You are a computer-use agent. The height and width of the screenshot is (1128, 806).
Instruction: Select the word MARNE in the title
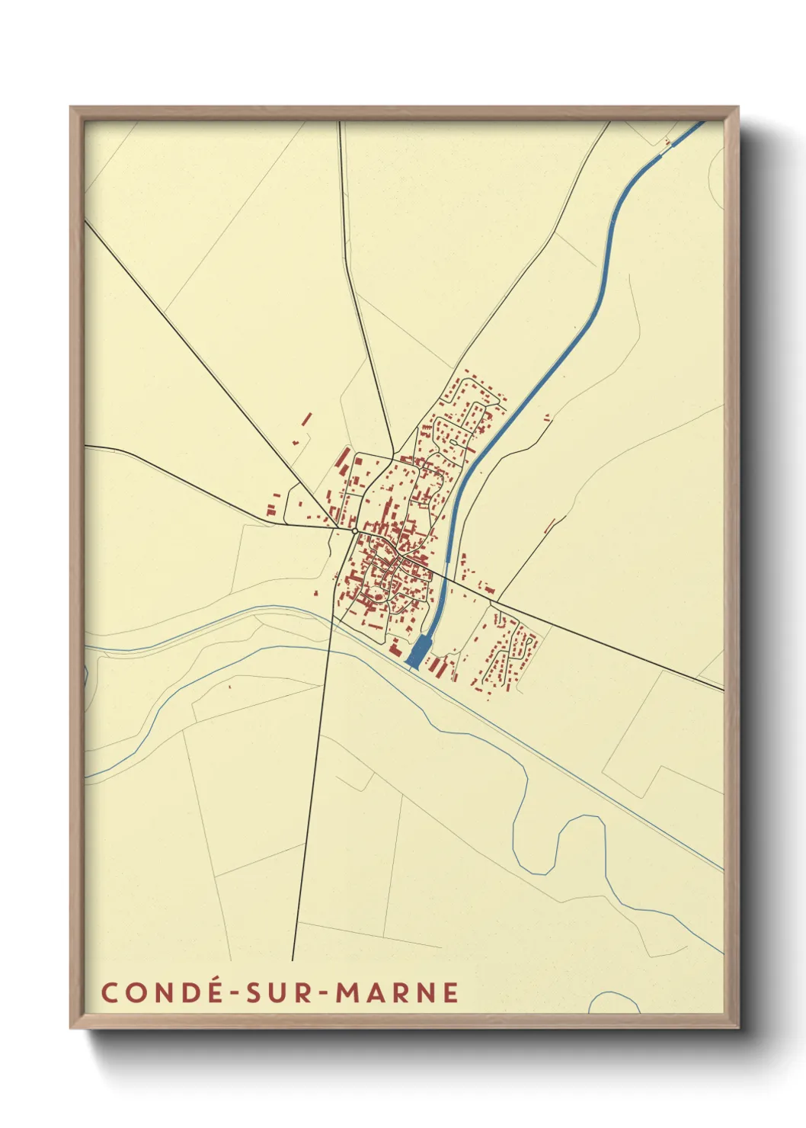pos(398,992)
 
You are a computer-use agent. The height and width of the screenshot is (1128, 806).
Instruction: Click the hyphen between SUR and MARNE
pos(322,993)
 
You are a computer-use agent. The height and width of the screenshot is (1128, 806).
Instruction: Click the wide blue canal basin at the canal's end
pos(417,652)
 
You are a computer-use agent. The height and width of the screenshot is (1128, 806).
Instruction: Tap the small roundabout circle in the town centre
pos(355,530)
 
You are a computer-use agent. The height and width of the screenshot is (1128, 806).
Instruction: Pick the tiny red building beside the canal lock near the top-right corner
pos(667,141)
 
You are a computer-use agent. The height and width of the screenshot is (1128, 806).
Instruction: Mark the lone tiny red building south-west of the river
pos(229,687)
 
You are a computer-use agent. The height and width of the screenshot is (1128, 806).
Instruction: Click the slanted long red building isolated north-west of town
pos(307,418)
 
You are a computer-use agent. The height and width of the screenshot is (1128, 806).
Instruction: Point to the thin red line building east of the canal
pos(550,525)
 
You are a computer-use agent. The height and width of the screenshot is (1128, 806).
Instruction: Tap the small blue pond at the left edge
pos(86,675)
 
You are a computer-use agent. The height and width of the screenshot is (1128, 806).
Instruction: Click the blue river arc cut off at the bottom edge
pos(613,1001)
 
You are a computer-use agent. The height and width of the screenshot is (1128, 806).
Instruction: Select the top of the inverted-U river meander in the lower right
pos(583,817)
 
